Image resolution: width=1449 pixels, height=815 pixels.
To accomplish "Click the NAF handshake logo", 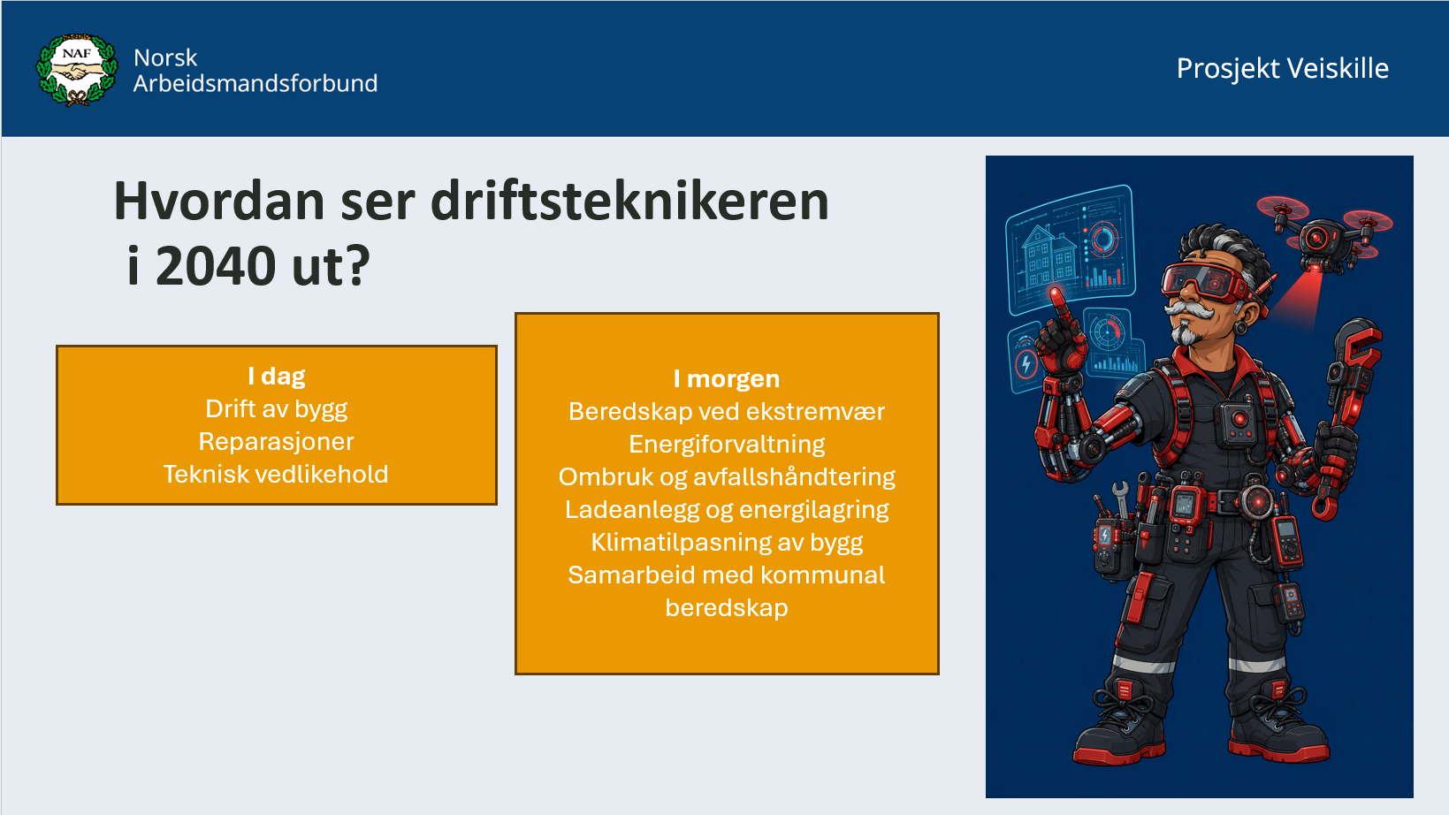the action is pyautogui.click(x=77, y=70).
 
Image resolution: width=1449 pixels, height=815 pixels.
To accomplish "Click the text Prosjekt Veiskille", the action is pyautogui.click(x=1282, y=69).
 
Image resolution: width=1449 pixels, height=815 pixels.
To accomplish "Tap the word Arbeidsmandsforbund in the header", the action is pyautogui.click(x=255, y=83).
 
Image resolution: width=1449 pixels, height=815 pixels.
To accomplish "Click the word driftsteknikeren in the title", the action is pyautogui.click(x=629, y=202).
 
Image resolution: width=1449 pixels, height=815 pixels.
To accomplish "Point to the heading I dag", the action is pyautogui.click(x=276, y=376).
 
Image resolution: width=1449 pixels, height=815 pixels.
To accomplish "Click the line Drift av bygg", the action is pyautogui.click(x=276, y=408).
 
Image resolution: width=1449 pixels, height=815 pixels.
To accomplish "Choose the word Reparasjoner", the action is pyautogui.click(x=276, y=442).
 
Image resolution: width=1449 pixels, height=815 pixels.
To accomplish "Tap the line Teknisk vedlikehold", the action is pyautogui.click(x=276, y=474).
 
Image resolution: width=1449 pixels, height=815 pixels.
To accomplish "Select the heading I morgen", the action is pyautogui.click(x=727, y=378).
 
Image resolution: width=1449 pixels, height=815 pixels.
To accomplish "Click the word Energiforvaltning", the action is pyautogui.click(x=727, y=445).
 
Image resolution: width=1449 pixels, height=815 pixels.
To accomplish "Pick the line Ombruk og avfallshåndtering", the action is pyautogui.click(x=727, y=476).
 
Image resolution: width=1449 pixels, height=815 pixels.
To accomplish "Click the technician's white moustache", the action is pyautogui.click(x=1190, y=310).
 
